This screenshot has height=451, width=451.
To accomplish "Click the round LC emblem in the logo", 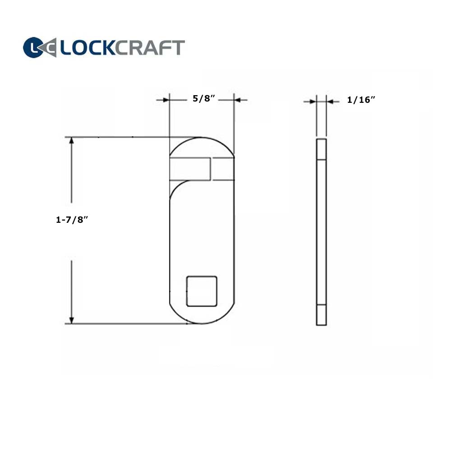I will (34, 47).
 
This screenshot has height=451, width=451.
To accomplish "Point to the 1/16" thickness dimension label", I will (361, 100).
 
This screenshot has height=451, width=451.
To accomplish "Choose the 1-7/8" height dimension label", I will (71, 220).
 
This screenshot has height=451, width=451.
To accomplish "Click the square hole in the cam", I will (202, 291).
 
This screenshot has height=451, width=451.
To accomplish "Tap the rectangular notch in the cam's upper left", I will (190, 169).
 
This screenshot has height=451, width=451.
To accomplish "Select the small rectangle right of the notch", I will (223, 169).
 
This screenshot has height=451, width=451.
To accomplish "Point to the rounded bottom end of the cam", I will (202, 316).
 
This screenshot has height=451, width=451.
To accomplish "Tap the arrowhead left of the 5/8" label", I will (165, 100).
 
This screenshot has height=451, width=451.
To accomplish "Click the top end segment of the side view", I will (321, 149).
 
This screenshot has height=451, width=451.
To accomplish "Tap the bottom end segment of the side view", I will (321, 315).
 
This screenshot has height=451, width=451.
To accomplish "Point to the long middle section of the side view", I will (321, 232).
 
